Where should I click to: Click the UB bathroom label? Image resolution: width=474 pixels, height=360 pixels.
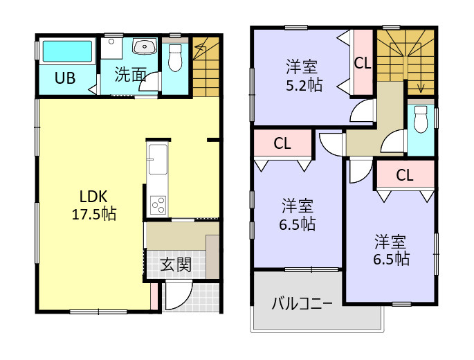click(x=66, y=78)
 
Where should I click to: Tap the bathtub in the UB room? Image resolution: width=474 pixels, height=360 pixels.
click(x=67, y=52)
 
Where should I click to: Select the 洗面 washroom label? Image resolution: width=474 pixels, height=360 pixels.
click(x=129, y=75)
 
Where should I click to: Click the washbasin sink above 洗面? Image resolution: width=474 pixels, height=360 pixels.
click(x=144, y=47)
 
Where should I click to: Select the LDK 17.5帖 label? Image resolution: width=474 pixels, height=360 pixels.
click(x=93, y=204)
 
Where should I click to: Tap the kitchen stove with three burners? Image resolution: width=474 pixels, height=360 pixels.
click(x=158, y=205)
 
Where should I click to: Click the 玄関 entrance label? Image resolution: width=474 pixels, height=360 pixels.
click(x=176, y=264)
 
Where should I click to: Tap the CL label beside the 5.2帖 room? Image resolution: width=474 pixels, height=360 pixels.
click(x=363, y=63)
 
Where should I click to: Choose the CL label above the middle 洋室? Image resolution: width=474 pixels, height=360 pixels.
click(x=282, y=144)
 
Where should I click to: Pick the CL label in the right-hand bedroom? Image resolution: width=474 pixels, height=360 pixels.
click(x=405, y=175)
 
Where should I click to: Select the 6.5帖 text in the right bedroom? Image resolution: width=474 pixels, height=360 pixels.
click(x=391, y=260)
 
